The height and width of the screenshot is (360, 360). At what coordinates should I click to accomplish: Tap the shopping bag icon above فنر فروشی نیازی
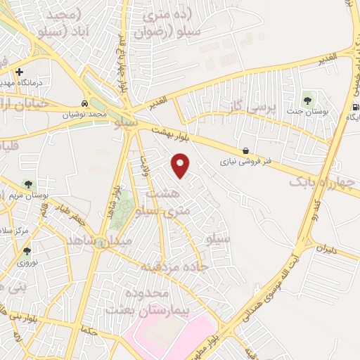245,150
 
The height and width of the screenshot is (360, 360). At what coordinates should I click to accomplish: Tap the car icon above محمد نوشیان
85,101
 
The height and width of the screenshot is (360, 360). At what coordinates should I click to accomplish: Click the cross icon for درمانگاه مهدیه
18,72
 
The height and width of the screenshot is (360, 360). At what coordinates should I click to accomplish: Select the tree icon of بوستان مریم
28,184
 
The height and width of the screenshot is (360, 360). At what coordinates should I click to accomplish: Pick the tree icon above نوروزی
27,250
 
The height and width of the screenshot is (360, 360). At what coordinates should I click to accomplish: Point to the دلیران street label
328,248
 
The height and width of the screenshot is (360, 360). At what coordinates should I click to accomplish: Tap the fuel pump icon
354,107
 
